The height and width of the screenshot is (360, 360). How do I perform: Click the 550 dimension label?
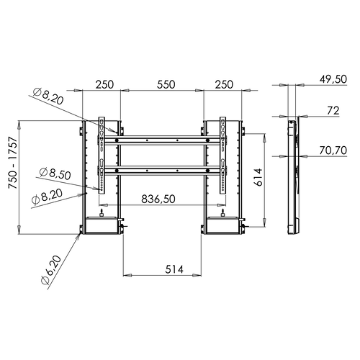coord(166,84)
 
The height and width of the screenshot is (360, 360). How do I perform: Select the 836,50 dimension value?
coord(158,199)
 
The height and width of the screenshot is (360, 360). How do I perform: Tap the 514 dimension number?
coord(174,269)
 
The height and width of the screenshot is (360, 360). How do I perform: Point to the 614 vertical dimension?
coord(259,177)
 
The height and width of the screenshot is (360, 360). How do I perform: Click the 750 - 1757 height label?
coord(13,163)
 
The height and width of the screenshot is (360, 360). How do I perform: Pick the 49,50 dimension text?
coord(333,79)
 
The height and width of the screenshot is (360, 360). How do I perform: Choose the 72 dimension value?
coord(333,111)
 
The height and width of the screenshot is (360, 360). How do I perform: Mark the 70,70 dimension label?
coord(333,150)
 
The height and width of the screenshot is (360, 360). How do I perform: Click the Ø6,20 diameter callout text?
coord(51,270)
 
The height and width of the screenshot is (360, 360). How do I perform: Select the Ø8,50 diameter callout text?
coord(55,174)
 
